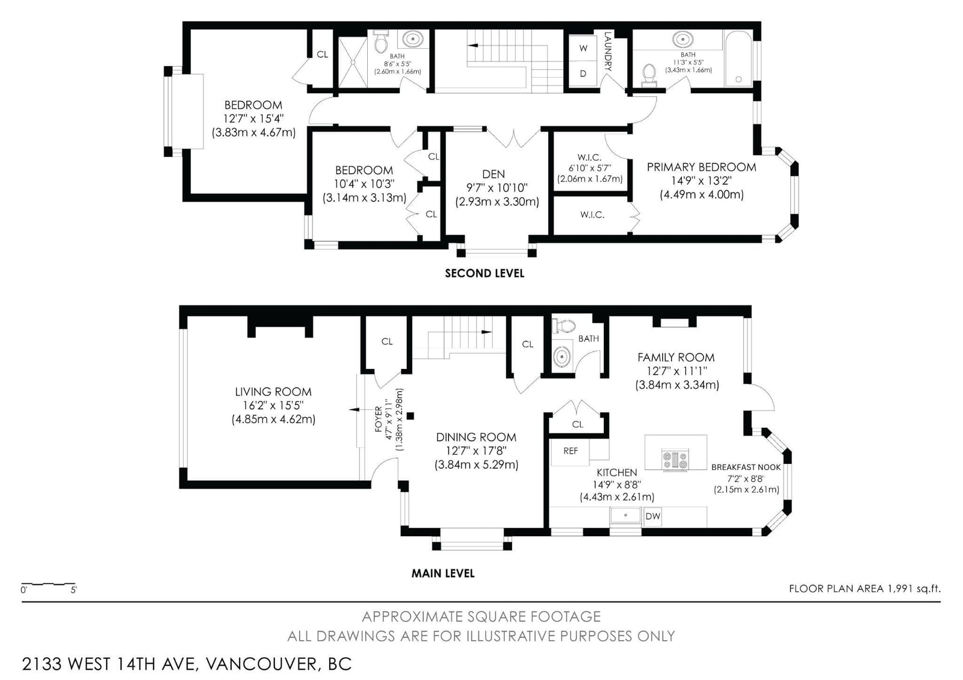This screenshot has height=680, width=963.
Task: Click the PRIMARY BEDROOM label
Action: coord(701,167)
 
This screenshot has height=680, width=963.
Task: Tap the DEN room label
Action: coord(493,174)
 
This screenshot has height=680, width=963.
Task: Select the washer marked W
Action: coord(583,48)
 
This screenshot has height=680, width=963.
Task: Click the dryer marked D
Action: coord(583,73)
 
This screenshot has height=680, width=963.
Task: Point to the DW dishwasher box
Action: coord(652,516)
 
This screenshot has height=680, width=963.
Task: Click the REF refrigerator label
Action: coord(571,451)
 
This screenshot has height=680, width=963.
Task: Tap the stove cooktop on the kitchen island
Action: coord(675,459)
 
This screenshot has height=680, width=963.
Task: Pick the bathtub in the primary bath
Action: coord(738,58)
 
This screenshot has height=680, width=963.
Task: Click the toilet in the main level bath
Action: coord(563,326)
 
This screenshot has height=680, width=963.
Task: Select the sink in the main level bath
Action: coord(562,356)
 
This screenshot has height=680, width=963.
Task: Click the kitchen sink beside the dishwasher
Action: coord(626,515)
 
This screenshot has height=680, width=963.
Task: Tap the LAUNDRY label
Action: coord(607,51)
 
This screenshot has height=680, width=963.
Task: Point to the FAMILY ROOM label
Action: coord(676,357)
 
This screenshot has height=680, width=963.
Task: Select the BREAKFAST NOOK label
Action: coord(746,467)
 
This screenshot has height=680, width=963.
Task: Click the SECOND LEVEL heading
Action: coord(485,273)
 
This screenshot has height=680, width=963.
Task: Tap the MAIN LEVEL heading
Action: coord(443,573)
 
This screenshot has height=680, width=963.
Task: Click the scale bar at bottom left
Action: coord(49,584)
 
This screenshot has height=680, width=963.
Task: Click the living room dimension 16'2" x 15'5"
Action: coord(273,406)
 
